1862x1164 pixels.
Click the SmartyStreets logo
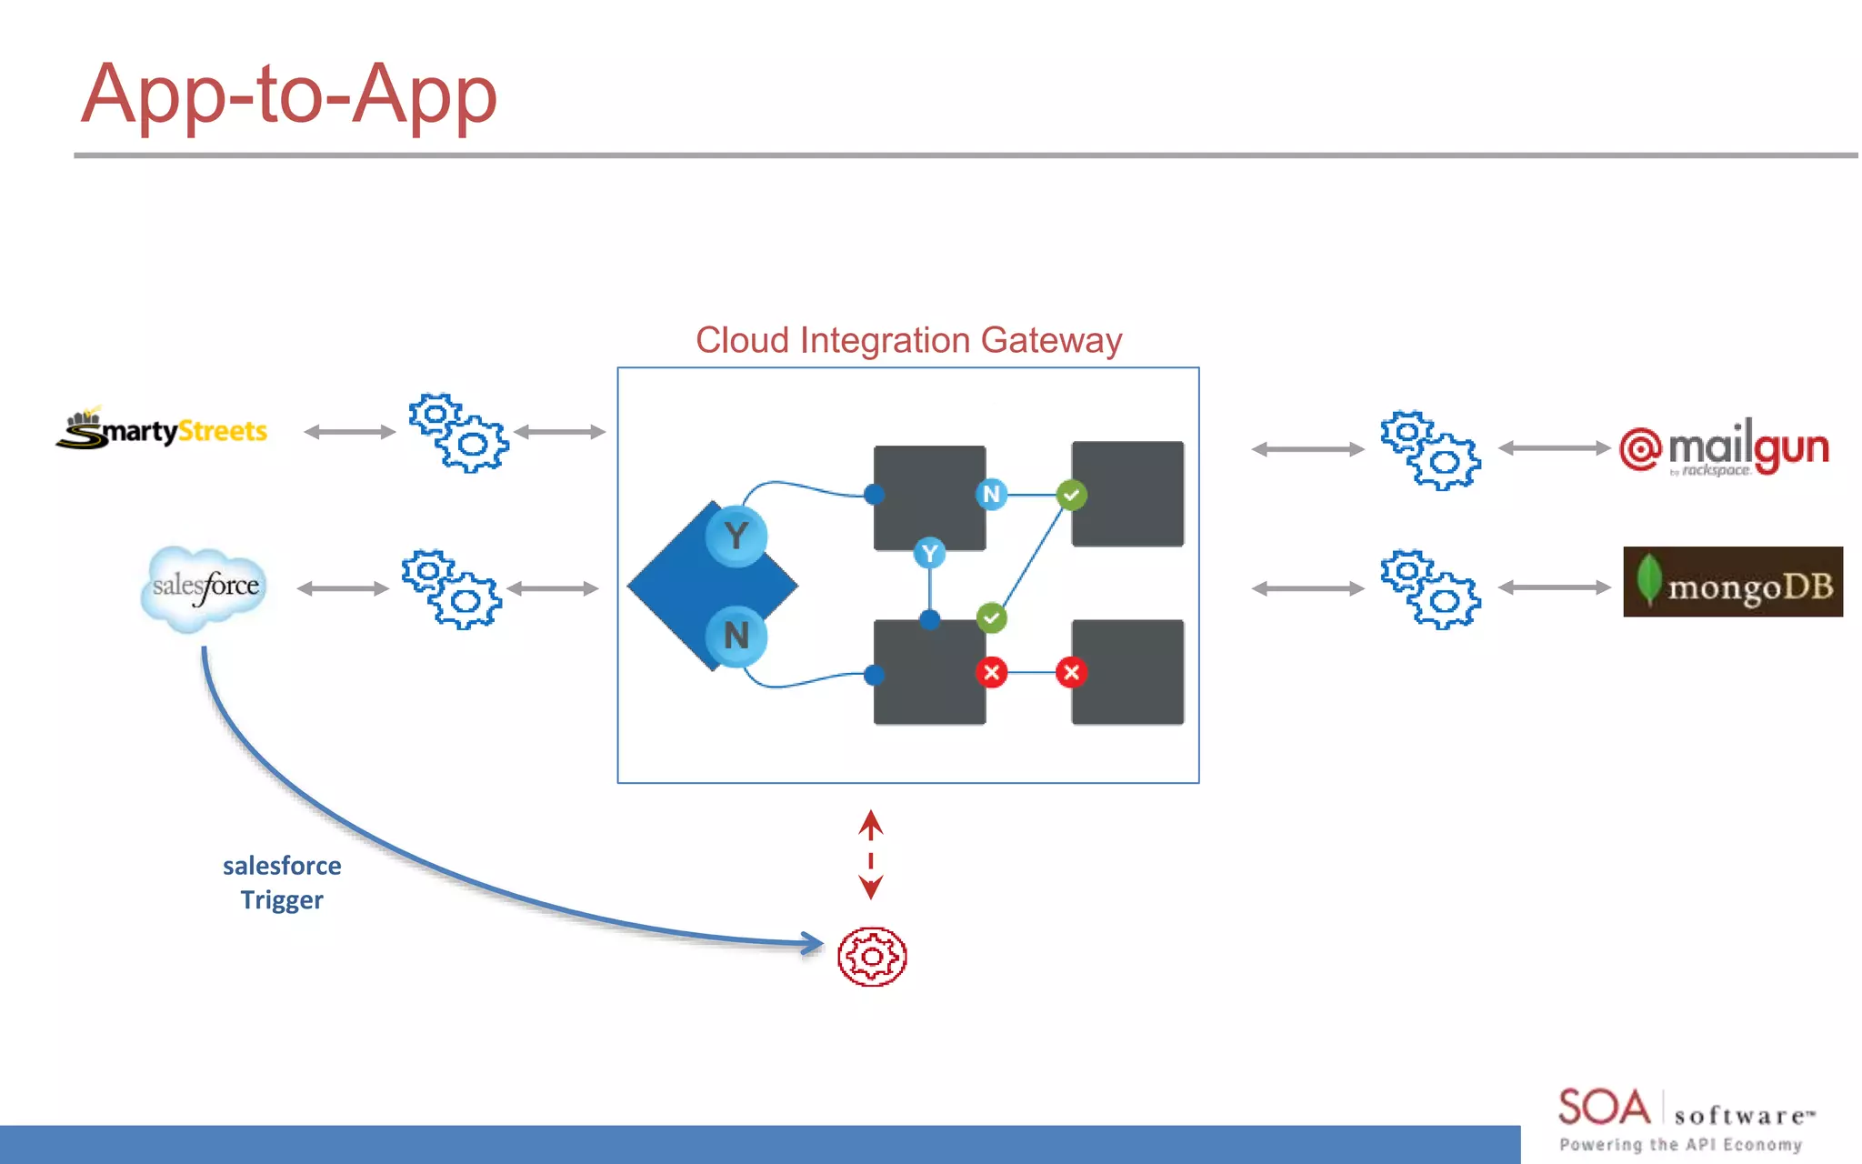(162, 429)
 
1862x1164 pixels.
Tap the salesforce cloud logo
(205, 587)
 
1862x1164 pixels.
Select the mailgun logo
(1724, 448)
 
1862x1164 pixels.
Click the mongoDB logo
(1733, 582)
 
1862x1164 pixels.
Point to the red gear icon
(872, 957)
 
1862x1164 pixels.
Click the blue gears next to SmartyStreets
(457, 433)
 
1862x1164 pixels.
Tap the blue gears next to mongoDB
(1430, 589)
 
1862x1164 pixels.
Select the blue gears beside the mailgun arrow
(1430, 450)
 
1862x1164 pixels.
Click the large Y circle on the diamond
(736, 536)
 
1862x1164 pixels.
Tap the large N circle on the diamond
(736, 635)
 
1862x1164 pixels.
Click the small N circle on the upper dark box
(991, 495)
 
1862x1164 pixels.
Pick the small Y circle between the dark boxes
(929, 553)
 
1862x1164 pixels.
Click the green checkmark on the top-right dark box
(1071, 496)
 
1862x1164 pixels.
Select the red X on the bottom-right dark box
(1071, 673)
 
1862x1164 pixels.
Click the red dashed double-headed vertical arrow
(871, 855)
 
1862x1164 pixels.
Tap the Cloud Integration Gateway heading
(908, 340)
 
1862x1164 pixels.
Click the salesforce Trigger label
(282, 882)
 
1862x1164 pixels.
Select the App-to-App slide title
(289, 95)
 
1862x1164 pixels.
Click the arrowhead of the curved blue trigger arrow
(811, 943)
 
